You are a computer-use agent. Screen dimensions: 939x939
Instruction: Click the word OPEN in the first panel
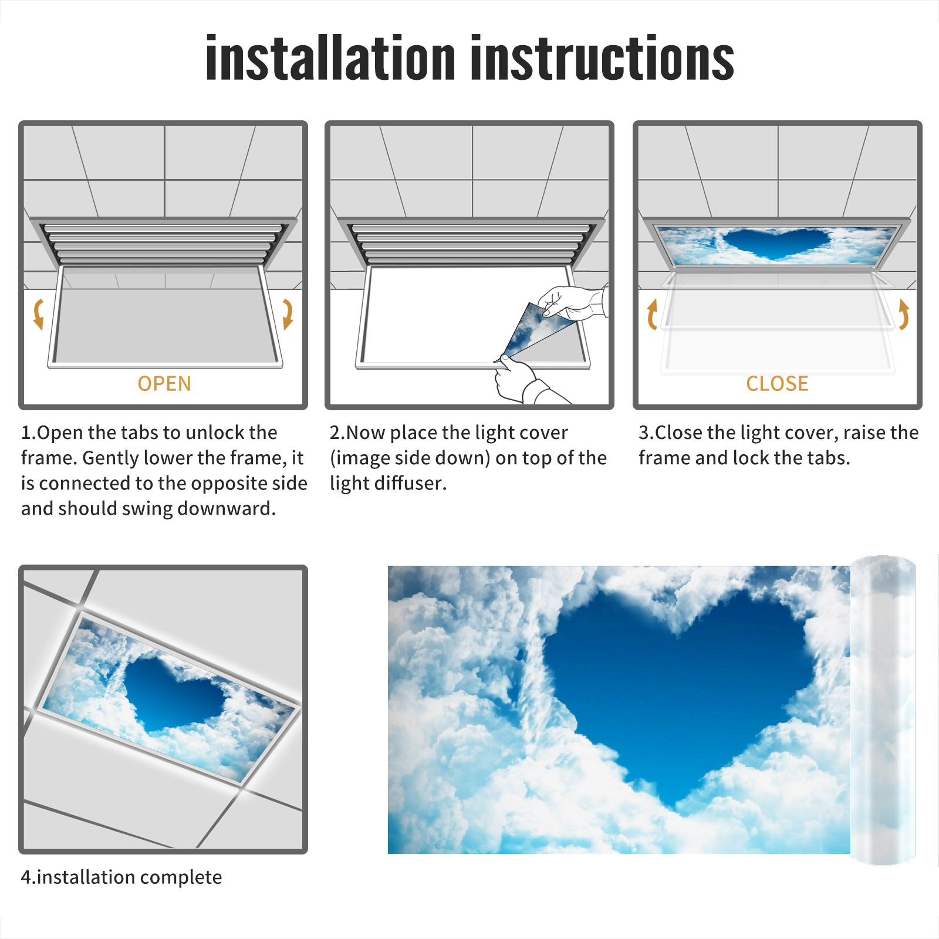(x=164, y=384)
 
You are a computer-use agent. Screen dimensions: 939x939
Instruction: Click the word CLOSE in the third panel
(x=777, y=384)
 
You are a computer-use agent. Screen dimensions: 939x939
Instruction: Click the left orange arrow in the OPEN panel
(x=39, y=314)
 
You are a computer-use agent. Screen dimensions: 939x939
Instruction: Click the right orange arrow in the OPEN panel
(x=288, y=314)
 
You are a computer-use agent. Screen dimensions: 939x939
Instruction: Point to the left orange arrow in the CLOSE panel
(x=652, y=314)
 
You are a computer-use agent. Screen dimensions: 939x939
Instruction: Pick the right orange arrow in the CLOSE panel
(x=904, y=314)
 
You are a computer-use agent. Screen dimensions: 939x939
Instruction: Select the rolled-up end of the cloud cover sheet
(x=883, y=710)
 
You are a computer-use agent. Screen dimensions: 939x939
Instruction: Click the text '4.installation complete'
(x=121, y=877)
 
